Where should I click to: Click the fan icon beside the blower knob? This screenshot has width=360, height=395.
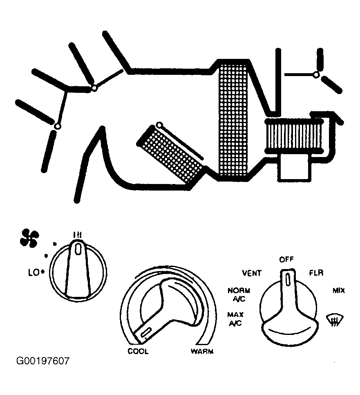point(29,238)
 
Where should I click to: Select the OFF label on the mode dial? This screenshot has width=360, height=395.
point(286,259)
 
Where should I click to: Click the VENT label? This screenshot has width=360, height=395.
point(252,273)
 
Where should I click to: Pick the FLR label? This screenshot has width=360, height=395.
point(316,273)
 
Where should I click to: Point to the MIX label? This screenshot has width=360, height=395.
point(339,291)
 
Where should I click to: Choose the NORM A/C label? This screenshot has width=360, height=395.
point(239,294)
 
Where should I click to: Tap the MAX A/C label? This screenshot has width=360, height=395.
point(235,319)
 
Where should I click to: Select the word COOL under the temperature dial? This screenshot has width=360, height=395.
point(138,352)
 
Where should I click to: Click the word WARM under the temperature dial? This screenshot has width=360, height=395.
point(202,352)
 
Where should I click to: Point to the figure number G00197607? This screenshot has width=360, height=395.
point(43,361)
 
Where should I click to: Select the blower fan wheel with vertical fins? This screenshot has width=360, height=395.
point(293,136)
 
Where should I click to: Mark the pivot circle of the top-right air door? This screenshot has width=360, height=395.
point(315,75)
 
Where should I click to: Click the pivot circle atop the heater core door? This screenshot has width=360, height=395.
point(159,125)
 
